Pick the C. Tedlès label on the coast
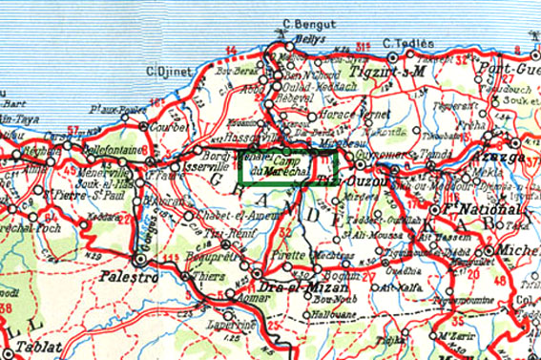(x=407, y=44)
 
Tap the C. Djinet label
(x=167, y=71)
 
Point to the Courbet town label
(x=166, y=127)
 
